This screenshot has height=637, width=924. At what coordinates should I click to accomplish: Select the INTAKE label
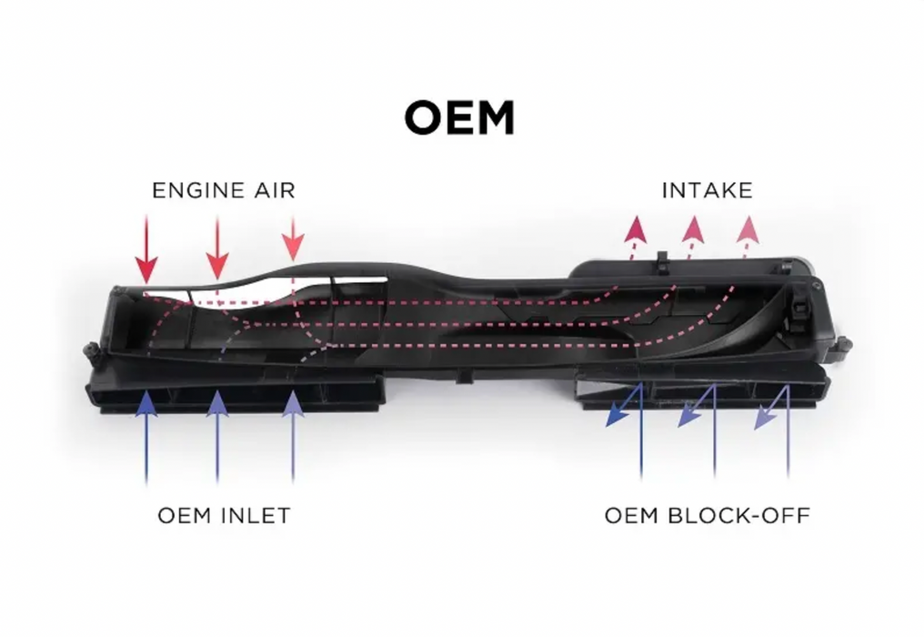click(x=707, y=191)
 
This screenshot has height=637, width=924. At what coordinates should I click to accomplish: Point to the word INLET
click(x=257, y=516)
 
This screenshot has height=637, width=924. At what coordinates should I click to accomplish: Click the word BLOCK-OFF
click(x=738, y=516)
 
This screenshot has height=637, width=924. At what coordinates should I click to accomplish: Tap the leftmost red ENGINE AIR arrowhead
click(x=146, y=269)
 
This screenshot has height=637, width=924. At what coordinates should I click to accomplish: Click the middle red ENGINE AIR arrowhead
click(x=216, y=265)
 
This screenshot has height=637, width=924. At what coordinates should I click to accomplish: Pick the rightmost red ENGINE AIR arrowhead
click(x=292, y=247)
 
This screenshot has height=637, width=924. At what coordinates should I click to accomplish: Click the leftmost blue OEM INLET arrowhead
click(x=146, y=400)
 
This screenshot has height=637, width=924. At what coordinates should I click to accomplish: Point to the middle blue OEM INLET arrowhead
click(x=216, y=401)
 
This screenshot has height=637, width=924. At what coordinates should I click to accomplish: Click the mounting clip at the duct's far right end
click(x=843, y=345)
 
